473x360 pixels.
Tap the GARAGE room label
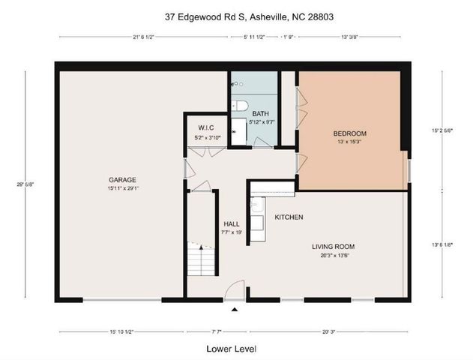(x=121, y=180)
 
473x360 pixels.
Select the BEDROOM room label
(x=349, y=134)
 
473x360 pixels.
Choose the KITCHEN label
(x=289, y=217)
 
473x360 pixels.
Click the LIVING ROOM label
(x=334, y=246)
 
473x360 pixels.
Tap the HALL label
(x=231, y=223)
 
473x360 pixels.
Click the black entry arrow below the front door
(x=235, y=309)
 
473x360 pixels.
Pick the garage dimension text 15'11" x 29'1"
(x=121, y=188)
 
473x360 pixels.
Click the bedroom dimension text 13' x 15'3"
(x=349, y=142)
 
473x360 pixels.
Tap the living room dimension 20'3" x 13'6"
(x=334, y=254)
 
